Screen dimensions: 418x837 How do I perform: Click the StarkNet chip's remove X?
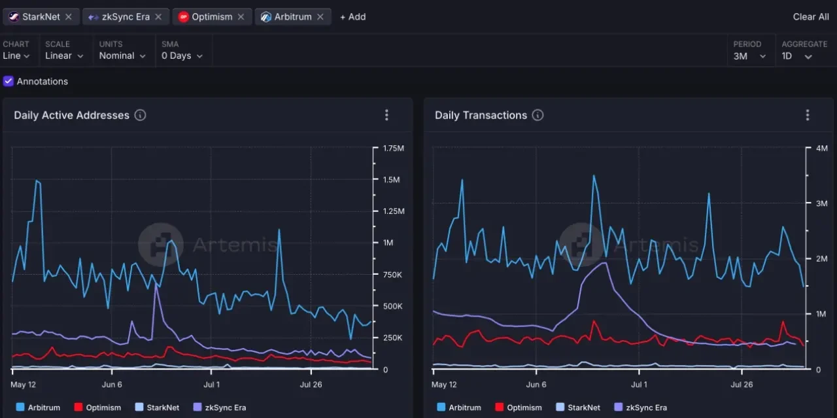69,17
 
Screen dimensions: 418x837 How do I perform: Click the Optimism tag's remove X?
241,17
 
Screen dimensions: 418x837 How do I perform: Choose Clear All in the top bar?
810,17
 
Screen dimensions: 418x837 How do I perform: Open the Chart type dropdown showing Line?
16,56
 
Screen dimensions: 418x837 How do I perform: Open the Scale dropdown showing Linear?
64,56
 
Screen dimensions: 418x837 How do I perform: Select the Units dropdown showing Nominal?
122,56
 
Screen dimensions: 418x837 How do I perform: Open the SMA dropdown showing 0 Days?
182,56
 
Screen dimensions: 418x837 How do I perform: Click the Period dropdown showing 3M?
749,56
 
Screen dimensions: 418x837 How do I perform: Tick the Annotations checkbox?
9,81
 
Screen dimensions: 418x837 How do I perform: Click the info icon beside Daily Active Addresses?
140,115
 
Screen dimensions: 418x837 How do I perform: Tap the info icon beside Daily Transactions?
538,115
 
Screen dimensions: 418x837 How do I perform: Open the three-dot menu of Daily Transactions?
808,115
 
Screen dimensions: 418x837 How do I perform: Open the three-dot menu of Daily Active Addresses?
386,115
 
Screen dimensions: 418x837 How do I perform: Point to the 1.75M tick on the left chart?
393,148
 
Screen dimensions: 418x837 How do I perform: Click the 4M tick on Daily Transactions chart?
822,148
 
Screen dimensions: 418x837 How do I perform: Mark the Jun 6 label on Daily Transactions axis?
536,385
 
